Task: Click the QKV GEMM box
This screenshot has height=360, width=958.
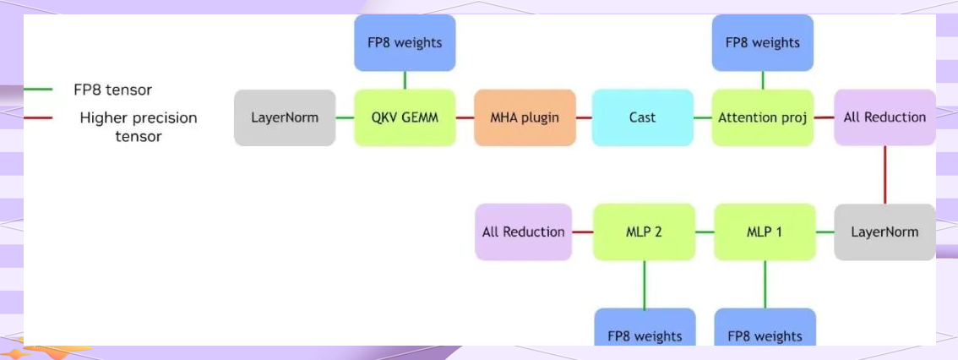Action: point(405,117)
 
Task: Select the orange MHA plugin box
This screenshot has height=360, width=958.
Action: point(525,117)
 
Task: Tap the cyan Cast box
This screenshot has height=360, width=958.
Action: point(643,117)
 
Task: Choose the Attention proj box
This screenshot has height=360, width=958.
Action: point(763,117)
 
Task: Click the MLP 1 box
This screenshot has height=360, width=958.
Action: point(765,232)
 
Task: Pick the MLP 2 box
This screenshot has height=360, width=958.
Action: point(645,232)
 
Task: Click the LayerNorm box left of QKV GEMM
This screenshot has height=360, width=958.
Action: point(285,117)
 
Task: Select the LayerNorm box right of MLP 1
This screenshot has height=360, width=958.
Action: point(885,232)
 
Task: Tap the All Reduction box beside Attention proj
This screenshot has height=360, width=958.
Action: point(885,117)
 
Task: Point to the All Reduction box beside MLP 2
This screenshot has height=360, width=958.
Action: point(524,232)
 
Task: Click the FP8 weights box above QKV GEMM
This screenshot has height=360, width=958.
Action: point(405,42)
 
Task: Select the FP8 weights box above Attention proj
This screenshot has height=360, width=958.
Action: point(763,42)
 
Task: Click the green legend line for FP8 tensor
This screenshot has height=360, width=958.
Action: point(39,89)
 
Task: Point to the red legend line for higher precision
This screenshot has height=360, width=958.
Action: point(39,117)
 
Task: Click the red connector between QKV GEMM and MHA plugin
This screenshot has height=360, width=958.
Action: point(465,117)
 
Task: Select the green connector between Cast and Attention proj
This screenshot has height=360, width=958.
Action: point(703,117)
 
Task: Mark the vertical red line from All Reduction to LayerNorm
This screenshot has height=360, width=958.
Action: point(885,174)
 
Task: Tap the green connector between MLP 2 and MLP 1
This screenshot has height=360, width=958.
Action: point(705,232)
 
